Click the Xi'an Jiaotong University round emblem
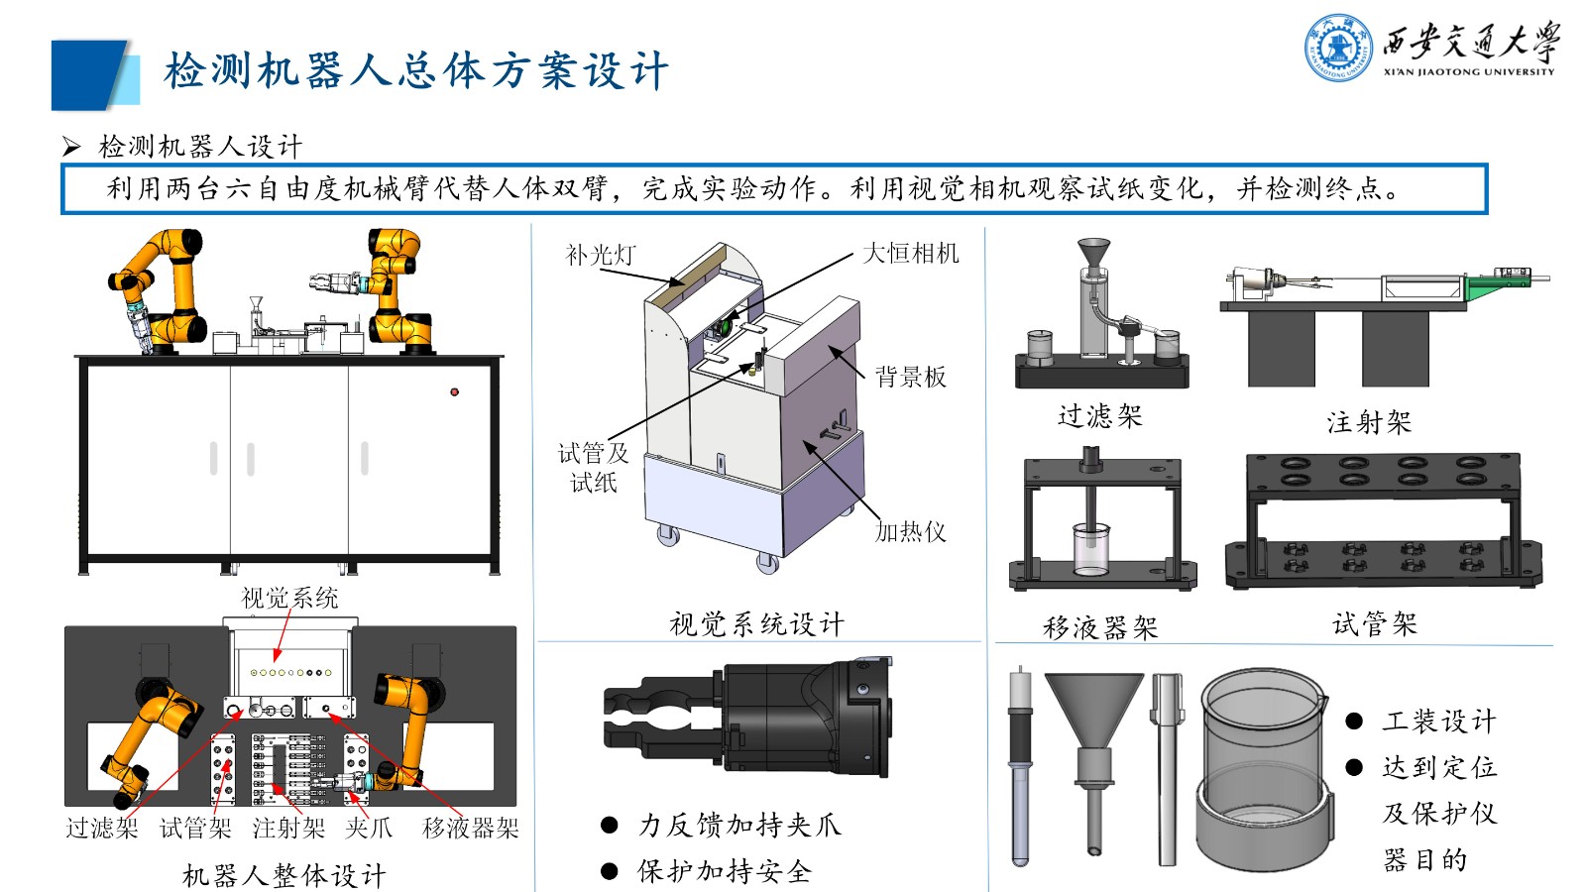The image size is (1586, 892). click(x=1338, y=48)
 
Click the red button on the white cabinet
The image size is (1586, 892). click(x=454, y=391)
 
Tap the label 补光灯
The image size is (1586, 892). click(x=600, y=255)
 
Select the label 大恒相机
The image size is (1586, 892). click(x=910, y=253)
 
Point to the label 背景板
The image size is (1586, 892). click(x=910, y=377)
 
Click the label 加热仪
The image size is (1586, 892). click(x=910, y=532)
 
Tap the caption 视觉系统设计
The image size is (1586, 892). click(x=756, y=623)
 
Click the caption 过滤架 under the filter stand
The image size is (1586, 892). click(x=1099, y=415)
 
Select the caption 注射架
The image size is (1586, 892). click(x=1368, y=422)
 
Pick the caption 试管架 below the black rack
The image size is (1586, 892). click(x=1374, y=623)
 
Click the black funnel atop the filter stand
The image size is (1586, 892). click(x=1093, y=253)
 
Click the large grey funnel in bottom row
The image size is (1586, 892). click(x=1093, y=714)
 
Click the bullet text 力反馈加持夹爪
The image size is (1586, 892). click(x=738, y=825)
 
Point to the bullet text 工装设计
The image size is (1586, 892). click(x=1438, y=721)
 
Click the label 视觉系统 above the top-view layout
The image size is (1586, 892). click(x=289, y=598)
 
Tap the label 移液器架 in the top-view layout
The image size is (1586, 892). click(x=470, y=828)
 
